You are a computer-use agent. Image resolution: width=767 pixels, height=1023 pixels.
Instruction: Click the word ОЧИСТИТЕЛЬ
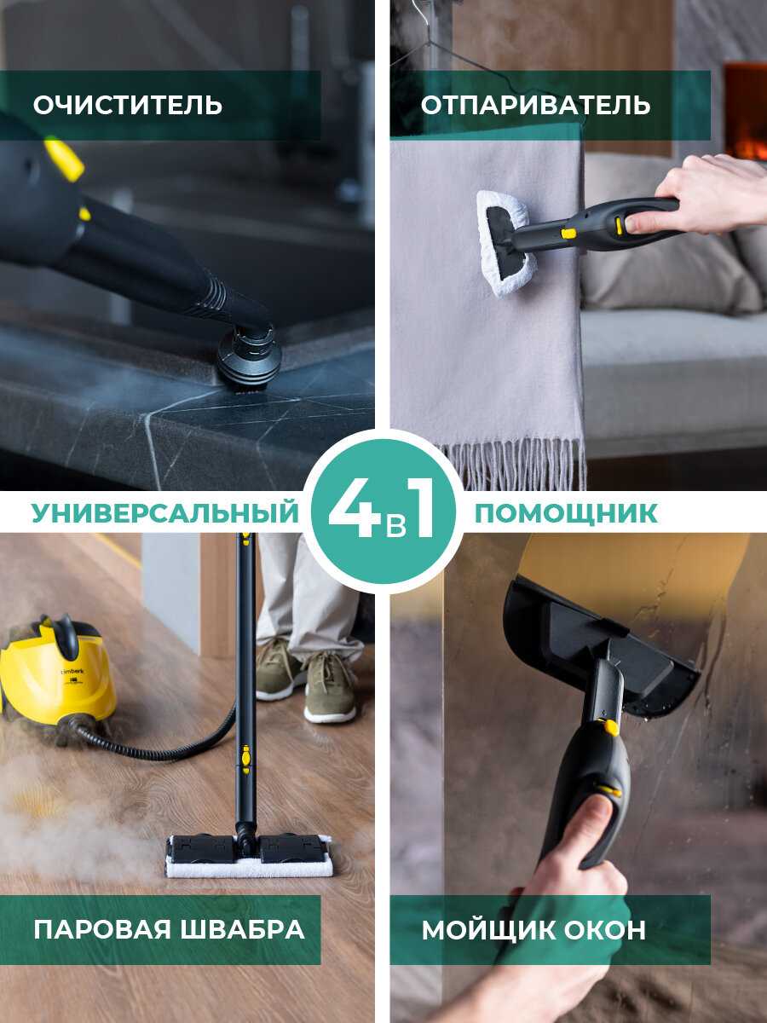coord(128,106)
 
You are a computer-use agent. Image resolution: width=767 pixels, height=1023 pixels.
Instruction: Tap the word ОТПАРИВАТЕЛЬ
coord(535,106)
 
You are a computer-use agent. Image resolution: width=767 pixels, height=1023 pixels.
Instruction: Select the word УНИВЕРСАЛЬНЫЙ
coord(165,513)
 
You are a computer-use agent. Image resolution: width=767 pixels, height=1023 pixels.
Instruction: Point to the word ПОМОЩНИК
coord(566,513)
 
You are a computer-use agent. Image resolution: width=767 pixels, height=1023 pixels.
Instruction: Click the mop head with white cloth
coord(249,855)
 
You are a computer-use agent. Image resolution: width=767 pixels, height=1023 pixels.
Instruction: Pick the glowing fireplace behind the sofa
coord(745,112)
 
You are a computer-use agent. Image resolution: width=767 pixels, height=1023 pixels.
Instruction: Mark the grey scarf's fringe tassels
coord(512,464)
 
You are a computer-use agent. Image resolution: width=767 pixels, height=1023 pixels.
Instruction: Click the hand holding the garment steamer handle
coord(708,196)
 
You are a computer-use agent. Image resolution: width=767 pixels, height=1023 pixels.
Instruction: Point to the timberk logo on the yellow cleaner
coord(72,672)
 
